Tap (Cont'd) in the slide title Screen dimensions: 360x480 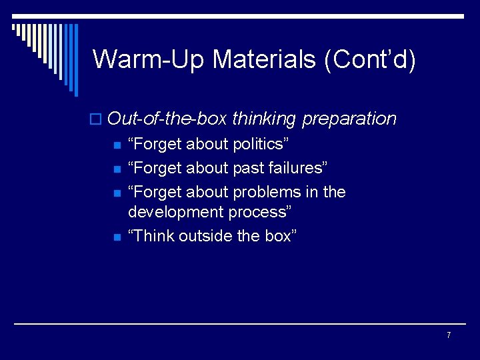370,59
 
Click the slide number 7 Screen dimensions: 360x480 449,335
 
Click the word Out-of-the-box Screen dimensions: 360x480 167,119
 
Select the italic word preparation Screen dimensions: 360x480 349,119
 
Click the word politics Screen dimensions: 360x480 257,145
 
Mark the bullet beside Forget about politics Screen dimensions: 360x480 117,145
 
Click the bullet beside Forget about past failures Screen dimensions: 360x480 117,169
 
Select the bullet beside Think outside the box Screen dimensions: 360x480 117,237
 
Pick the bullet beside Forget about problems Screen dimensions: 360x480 117,193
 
